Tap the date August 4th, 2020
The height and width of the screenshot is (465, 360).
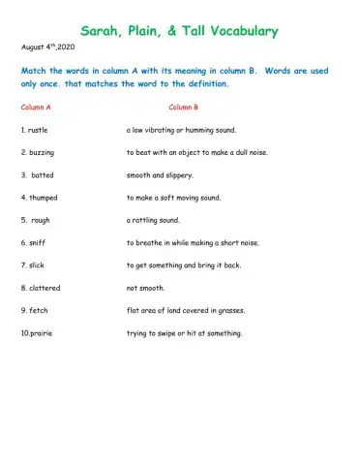tap(46, 46)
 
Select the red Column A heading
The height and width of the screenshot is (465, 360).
tap(38, 107)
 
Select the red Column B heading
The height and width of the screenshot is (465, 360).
tap(184, 107)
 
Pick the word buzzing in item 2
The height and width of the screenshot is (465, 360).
tap(41, 152)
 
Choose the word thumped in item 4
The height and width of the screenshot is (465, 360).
tap(43, 198)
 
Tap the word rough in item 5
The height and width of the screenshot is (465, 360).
tap(41, 220)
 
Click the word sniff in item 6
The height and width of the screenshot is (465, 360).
tap(37, 243)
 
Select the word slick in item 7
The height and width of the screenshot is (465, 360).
tap(37, 265)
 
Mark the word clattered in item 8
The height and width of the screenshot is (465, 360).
tap(45, 288)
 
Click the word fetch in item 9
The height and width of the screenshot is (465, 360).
tap(38, 311)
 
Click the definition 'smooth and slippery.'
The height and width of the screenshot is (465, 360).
tap(161, 175)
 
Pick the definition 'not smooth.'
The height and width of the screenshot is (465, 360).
tap(146, 288)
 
